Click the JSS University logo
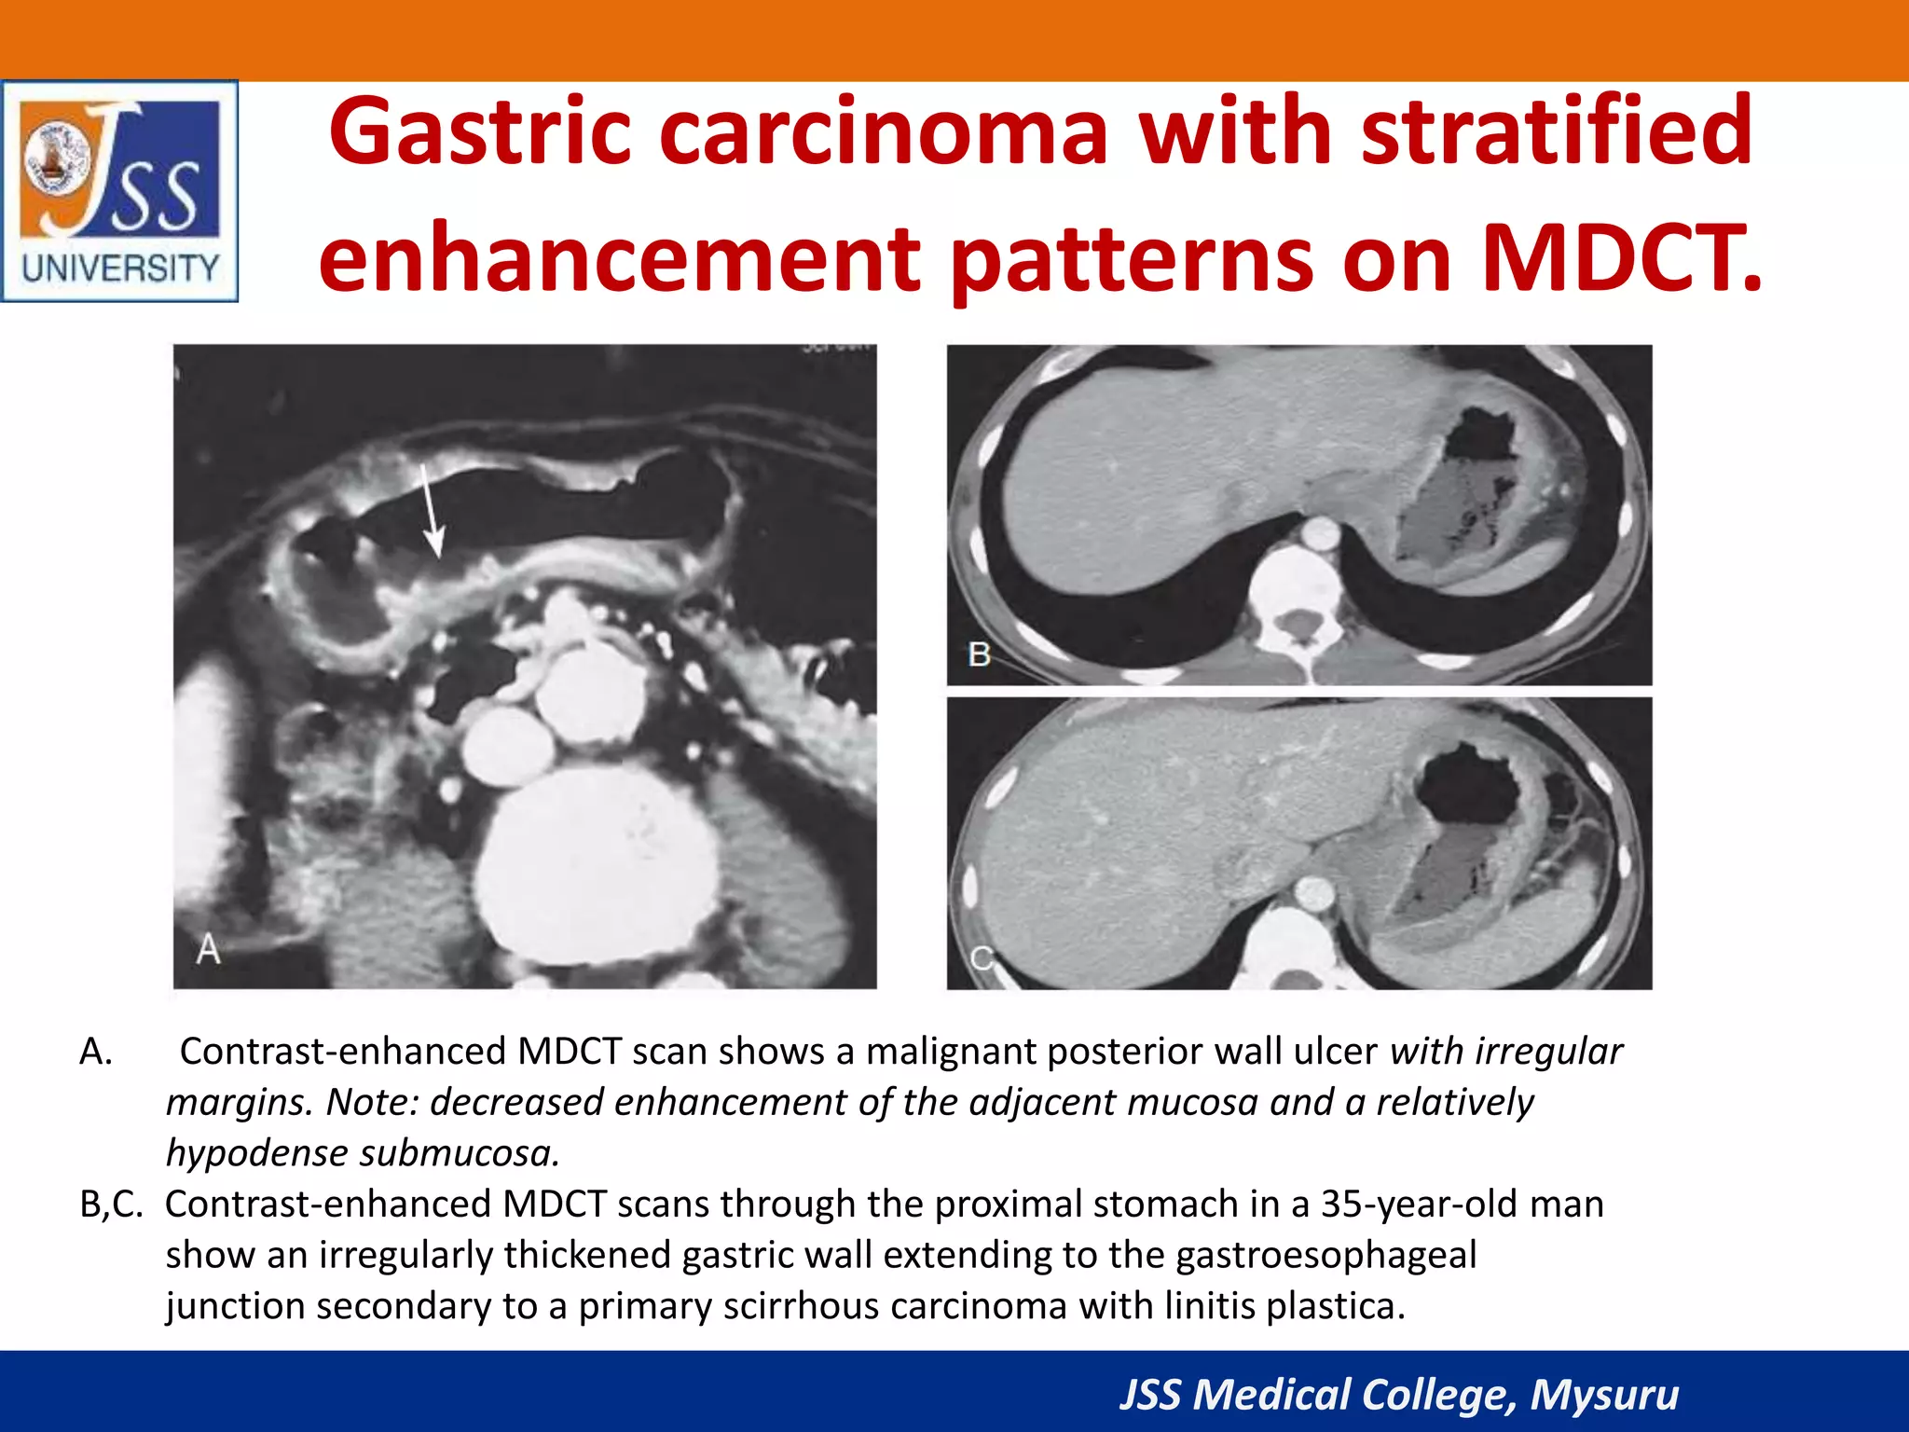119,191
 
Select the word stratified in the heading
1557,131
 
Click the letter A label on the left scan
209,950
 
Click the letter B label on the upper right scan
979,654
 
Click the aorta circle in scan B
1318,534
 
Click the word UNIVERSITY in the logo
120,269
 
